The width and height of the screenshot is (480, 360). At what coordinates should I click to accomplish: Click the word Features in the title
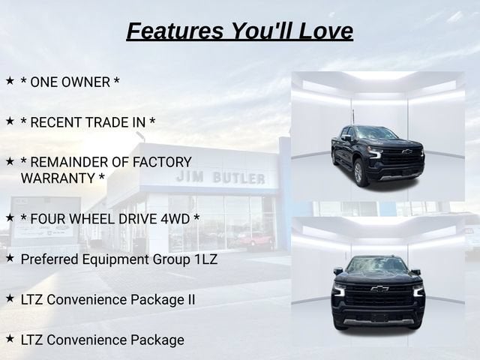(x=175, y=31)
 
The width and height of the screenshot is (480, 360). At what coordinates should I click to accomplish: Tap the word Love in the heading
(x=325, y=31)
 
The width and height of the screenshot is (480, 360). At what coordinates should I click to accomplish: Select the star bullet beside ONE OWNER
(x=10, y=81)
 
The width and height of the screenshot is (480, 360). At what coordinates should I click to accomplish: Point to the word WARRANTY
(x=58, y=178)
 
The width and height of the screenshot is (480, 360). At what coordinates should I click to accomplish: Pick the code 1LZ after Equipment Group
(x=205, y=259)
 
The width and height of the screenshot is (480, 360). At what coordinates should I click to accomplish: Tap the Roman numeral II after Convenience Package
(x=190, y=299)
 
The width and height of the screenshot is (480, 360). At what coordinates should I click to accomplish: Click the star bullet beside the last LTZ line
(x=10, y=338)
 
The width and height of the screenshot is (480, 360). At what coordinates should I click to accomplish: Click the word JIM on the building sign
(x=190, y=177)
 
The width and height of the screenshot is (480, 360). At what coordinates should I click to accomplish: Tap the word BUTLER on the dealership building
(x=238, y=178)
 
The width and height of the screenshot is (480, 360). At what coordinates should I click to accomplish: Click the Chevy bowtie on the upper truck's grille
(x=406, y=151)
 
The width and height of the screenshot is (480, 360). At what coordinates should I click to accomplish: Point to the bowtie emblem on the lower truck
(x=379, y=288)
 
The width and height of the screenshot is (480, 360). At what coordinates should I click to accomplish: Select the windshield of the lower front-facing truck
(x=377, y=265)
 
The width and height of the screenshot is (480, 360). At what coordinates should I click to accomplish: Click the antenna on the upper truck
(x=353, y=117)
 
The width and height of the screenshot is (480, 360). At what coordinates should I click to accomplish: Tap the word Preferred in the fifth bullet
(x=49, y=259)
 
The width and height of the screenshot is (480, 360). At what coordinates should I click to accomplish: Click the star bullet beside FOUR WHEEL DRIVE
(x=10, y=217)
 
